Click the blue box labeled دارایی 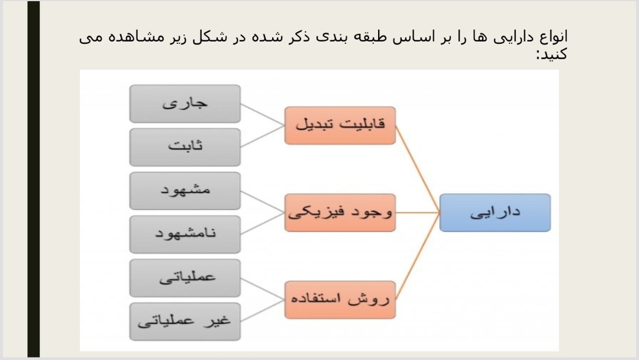coord(495,213)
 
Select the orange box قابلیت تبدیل coord(340,125)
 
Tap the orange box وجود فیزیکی coord(340,213)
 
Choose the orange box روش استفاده coord(340,300)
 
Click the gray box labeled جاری coord(185,104)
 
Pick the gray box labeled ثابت coord(185,147)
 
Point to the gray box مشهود coord(185,191)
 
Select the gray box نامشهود coord(185,234)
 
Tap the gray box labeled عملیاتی coord(185,278)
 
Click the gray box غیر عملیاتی coord(185,322)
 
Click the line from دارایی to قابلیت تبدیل coord(418,169)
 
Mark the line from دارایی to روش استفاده coord(418,256)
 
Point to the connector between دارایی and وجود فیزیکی coord(418,213)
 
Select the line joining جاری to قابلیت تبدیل coord(263,114)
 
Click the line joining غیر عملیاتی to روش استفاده coord(263,311)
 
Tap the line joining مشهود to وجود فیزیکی coord(263,202)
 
